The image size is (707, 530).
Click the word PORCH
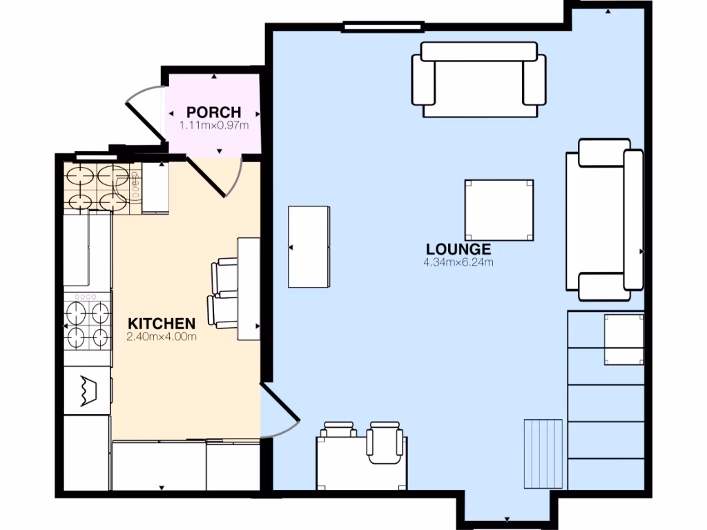click(x=214, y=112)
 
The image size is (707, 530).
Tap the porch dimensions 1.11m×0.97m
click(x=214, y=126)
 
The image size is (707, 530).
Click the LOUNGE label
click(x=458, y=250)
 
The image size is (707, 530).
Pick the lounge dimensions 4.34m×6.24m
click(x=458, y=263)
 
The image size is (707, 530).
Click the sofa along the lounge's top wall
click(x=479, y=79)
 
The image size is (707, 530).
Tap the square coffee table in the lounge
click(x=498, y=210)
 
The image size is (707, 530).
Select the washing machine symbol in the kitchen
click(x=87, y=391)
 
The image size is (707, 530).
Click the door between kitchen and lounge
click(x=280, y=414)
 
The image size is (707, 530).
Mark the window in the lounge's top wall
click(x=383, y=28)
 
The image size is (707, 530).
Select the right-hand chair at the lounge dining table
click(x=385, y=442)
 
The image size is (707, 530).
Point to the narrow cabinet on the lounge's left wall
click(x=309, y=246)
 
